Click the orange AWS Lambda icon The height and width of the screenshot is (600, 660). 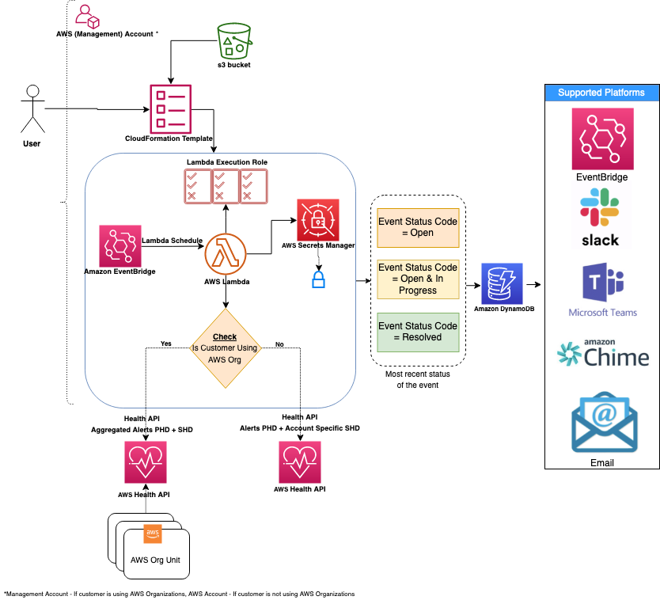pyautogui.click(x=226, y=254)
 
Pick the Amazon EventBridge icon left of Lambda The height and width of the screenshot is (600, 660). pyautogui.click(x=119, y=245)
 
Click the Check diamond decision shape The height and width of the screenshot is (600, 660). pyautogui.click(x=226, y=348)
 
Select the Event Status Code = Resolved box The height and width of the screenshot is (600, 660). pyautogui.click(x=418, y=332)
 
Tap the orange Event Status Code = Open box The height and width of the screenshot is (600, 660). pyautogui.click(x=418, y=227)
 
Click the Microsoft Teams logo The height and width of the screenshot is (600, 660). pyautogui.click(x=602, y=290)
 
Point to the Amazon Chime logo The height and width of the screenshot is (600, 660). pyautogui.click(x=603, y=354)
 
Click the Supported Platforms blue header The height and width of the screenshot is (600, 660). pyautogui.click(x=601, y=93)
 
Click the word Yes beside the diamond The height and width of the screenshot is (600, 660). pyautogui.click(x=165, y=344)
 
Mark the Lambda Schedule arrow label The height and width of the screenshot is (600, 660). pyautogui.click(x=172, y=240)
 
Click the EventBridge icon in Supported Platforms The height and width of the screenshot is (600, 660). pyautogui.click(x=602, y=139)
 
